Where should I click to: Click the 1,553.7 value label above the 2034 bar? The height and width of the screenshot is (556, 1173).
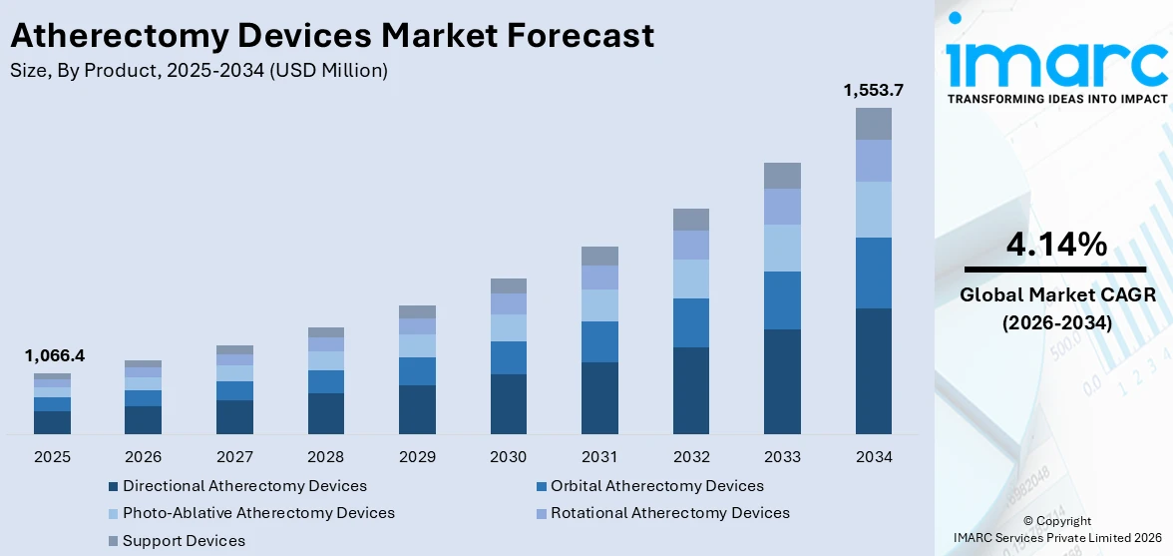873,90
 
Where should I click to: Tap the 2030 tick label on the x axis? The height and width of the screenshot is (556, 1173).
508,456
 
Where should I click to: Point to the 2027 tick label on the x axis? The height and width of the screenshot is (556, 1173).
234,456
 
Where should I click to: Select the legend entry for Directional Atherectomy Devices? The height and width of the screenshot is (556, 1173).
244,486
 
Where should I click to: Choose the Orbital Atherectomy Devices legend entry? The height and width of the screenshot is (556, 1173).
656,486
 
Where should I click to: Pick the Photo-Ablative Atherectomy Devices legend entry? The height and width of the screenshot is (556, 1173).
258,513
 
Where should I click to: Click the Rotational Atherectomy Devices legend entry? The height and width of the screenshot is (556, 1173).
669,513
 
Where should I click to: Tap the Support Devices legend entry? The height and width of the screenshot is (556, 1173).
184,541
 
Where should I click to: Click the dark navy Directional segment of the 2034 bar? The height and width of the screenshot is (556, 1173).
873,371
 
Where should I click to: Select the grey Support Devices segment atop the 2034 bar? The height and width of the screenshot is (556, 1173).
873,124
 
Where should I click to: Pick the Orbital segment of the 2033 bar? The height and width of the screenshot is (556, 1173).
782,300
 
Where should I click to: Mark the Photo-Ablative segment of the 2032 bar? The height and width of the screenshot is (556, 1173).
690,278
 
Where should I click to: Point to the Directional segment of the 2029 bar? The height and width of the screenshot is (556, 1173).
417,409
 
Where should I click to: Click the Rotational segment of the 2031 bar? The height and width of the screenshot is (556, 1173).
599,278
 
